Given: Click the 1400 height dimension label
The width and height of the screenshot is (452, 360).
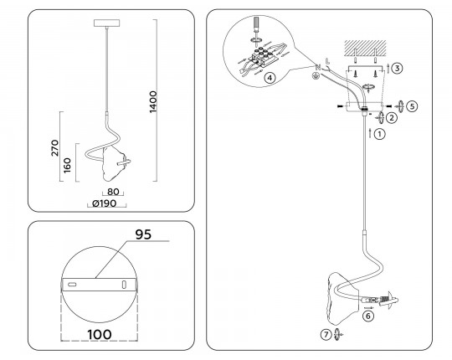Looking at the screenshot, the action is point(153,102).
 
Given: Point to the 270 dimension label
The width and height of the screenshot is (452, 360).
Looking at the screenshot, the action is point(54,148).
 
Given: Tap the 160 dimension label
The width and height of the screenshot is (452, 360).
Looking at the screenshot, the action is point(67,165).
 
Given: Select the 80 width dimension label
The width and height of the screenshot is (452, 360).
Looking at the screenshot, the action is point(113,192).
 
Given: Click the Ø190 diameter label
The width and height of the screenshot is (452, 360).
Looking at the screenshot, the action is point(105,203).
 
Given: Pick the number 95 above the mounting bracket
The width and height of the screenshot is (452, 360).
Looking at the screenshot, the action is point(143,234).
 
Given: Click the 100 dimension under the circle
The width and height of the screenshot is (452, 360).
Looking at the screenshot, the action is point(100,334).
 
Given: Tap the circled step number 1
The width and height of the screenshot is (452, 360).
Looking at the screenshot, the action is point(380,134).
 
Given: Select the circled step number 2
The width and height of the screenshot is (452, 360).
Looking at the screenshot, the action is point(392,117).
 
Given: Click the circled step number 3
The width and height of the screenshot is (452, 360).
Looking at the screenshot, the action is point(398,69).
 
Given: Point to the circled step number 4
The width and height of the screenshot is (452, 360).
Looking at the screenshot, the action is point(270,78).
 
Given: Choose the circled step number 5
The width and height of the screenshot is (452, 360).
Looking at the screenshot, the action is point(412,106).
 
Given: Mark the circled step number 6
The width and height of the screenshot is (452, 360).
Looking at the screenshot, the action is point(368,316).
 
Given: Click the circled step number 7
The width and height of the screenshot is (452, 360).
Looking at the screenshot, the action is point(326,335).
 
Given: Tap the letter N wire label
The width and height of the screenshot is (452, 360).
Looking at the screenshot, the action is point(318,68).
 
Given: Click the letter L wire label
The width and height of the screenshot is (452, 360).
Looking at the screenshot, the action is point(327,61).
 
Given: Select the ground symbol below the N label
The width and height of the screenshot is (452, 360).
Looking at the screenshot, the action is point(316,76).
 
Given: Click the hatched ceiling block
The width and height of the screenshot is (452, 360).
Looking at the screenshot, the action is point(365,48).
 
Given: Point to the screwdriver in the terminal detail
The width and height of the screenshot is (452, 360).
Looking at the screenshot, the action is point(256,28).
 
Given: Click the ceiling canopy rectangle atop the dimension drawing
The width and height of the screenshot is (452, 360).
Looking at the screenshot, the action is point(107,23).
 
